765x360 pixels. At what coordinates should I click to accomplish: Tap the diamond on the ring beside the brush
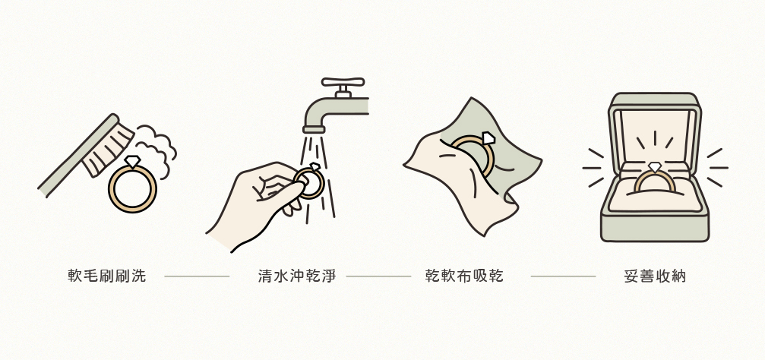(x=132, y=162)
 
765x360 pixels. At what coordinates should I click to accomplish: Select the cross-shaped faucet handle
(x=343, y=82)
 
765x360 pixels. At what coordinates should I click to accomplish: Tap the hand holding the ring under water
(x=251, y=201)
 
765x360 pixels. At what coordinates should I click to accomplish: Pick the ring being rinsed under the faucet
(x=310, y=182)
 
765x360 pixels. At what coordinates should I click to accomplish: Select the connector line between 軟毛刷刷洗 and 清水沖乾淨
(x=197, y=276)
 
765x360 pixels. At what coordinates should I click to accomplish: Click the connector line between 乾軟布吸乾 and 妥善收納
(x=563, y=276)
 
